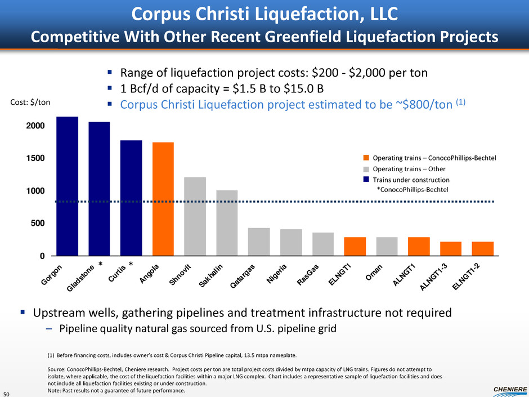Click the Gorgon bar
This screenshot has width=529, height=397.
click(67, 186)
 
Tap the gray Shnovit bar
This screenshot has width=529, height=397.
click(195, 216)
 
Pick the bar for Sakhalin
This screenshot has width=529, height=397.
click(227, 223)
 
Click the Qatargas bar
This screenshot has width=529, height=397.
click(259, 242)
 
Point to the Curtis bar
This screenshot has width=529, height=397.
click(131, 198)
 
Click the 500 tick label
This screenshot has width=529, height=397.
click(37, 224)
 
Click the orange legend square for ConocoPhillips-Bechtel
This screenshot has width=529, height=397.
click(366, 158)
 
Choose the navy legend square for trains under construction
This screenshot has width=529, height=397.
click(366, 179)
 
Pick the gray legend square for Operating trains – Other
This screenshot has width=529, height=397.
click(366, 168)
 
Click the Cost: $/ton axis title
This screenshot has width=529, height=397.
click(31, 102)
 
